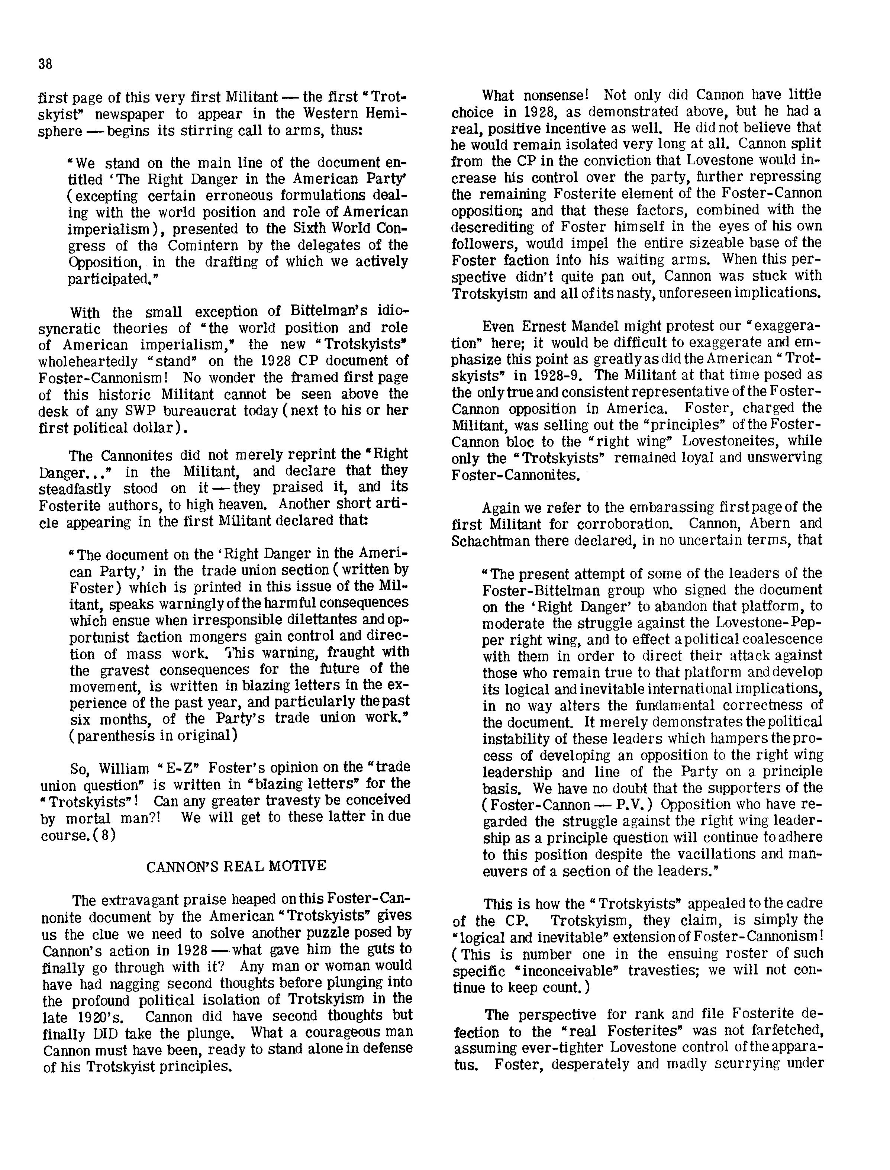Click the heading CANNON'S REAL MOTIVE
coord(236,867)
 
